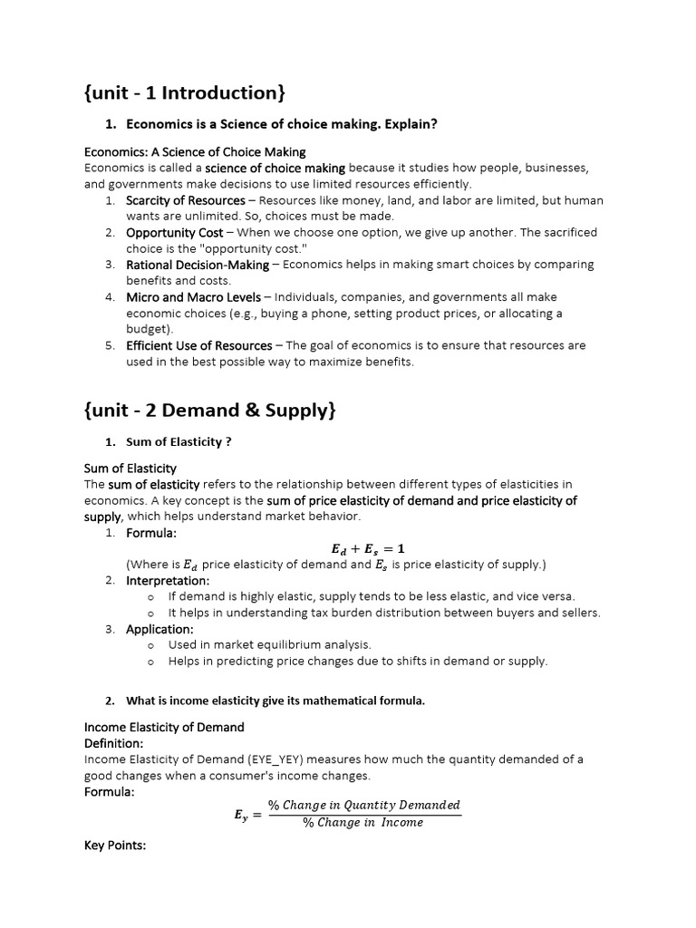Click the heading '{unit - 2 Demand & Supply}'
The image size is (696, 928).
210,410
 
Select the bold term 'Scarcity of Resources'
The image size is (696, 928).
186,200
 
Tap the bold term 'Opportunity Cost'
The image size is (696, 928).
174,233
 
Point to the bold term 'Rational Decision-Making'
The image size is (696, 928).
198,265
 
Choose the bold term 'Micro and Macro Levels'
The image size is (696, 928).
193,297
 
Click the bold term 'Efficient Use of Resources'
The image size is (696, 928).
198,345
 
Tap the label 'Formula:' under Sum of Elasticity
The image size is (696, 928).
151,533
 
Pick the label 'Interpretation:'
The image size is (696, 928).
168,580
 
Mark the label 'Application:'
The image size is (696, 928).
159,629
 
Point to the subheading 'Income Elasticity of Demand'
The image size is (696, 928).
164,727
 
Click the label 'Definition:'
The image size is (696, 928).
113,743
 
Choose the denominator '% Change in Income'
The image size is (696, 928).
362,823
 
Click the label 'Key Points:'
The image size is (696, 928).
115,845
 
